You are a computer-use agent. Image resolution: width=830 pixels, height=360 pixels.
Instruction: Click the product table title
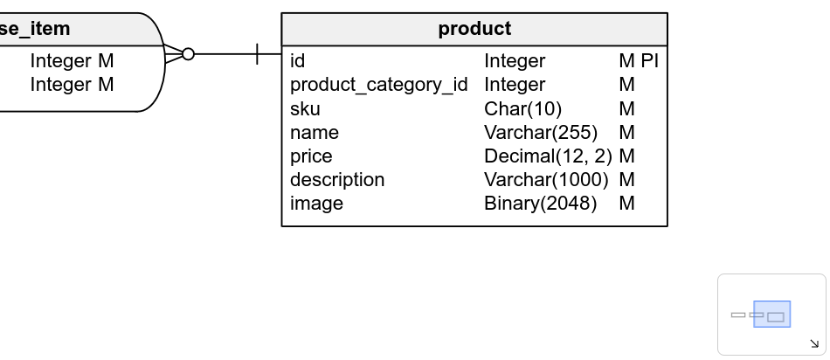click(x=474, y=29)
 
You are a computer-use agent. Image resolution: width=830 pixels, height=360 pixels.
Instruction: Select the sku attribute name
click(x=305, y=109)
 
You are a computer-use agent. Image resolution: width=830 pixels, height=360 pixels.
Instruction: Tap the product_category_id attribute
click(x=378, y=85)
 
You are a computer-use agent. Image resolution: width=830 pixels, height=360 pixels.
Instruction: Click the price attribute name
click(x=311, y=156)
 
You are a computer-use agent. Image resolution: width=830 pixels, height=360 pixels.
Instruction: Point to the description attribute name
click(x=337, y=180)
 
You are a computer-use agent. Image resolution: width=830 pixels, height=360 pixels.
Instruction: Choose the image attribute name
click(x=316, y=204)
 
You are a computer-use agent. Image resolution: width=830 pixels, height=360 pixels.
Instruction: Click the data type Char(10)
click(x=522, y=109)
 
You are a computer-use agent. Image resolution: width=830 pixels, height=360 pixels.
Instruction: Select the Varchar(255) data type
click(x=541, y=133)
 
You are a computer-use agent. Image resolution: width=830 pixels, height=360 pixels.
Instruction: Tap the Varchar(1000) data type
click(x=546, y=180)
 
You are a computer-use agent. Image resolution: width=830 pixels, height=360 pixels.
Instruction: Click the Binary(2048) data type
click(x=540, y=204)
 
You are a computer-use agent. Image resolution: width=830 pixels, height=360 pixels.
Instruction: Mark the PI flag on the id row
click(x=649, y=61)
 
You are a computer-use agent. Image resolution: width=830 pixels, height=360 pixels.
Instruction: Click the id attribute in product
click(x=297, y=61)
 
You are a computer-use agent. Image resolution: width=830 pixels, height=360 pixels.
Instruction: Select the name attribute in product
click(x=314, y=133)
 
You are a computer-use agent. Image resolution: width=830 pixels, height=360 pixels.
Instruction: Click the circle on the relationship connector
click(x=188, y=54)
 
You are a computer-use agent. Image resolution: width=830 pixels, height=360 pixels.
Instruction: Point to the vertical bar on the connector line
click(x=257, y=54)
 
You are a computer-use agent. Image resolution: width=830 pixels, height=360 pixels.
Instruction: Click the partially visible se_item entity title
click(x=35, y=29)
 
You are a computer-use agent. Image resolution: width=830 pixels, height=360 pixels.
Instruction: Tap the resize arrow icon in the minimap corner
click(x=814, y=344)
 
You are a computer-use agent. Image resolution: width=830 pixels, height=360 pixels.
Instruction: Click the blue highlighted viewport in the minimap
click(x=772, y=314)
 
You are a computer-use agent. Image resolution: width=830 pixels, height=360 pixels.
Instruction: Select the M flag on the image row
click(x=626, y=204)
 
